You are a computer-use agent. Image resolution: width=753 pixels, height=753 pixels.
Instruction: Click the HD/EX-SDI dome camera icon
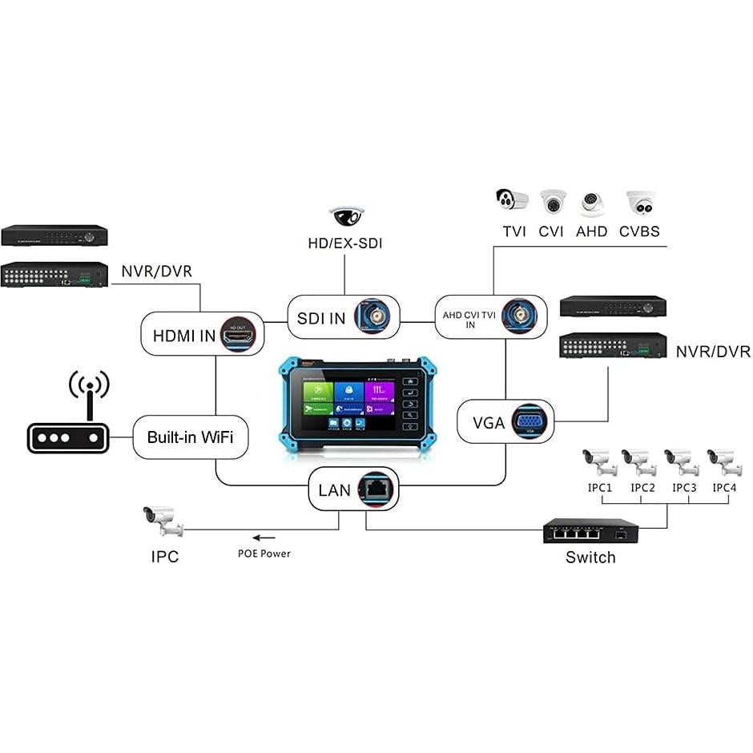tap(346, 215)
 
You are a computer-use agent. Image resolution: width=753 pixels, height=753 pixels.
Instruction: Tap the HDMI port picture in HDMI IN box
tap(238, 334)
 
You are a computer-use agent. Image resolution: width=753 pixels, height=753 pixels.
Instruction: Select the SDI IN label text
tap(321, 318)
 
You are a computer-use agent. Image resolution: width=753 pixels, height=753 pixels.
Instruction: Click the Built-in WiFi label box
tap(190, 437)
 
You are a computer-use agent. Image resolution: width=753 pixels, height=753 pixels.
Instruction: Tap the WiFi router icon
tap(66, 424)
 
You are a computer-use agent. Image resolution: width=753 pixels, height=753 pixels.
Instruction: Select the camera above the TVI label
tap(513, 200)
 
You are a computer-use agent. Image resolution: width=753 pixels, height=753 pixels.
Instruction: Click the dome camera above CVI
tap(552, 202)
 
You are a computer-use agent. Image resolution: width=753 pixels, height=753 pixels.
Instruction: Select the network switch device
tap(590, 530)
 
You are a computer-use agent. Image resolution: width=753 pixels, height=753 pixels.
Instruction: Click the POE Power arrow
tap(264, 538)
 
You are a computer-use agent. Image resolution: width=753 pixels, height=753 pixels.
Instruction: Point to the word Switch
tap(590, 558)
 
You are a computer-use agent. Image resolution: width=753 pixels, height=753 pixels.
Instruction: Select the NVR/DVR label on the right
tap(712, 352)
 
